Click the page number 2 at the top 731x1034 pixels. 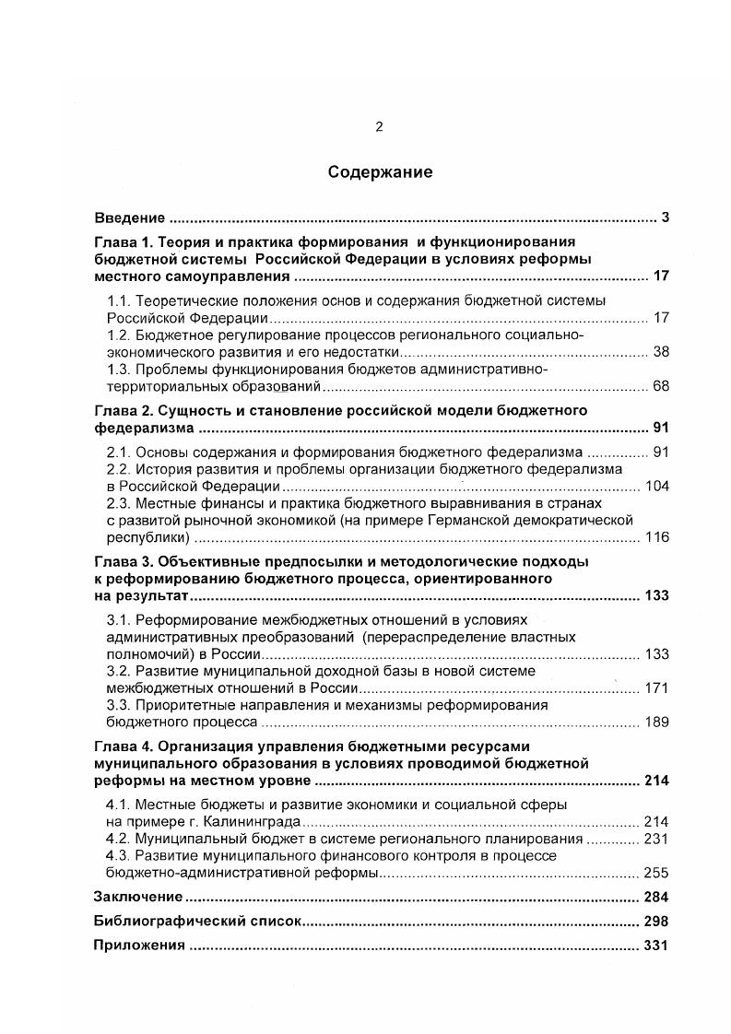click(x=379, y=127)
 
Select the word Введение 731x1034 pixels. click(x=129, y=218)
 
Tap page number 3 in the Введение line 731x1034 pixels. click(x=665, y=218)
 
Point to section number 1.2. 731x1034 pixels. click(x=119, y=335)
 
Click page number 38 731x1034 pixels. click(x=660, y=352)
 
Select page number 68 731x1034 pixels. click(x=660, y=386)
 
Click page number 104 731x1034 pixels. click(x=656, y=487)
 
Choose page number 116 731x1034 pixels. click(x=656, y=538)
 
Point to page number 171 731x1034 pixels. click(x=656, y=688)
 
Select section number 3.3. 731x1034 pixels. click(x=119, y=705)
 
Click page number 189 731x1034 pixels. click(x=656, y=723)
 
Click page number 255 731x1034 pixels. click(x=656, y=873)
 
